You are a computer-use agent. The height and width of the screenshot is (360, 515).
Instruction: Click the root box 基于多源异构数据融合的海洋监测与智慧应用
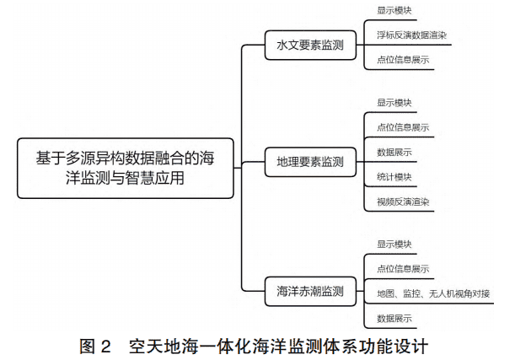[x=126, y=168]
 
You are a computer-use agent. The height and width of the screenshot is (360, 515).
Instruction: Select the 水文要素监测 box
[x=310, y=45]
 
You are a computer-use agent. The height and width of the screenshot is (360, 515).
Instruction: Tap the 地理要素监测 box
[x=310, y=162]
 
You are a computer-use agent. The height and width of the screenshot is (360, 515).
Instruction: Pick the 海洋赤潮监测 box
[x=310, y=292]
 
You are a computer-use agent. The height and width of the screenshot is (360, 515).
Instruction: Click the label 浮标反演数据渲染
[x=411, y=35]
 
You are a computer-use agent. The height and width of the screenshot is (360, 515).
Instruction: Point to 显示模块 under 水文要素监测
[x=394, y=10]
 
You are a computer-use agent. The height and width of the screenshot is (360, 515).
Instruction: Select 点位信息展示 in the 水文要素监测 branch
[x=403, y=60]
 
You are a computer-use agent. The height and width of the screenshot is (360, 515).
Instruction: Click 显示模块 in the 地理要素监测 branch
[x=394, y=103]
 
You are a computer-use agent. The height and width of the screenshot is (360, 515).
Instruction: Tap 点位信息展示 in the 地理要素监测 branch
[x=403, y=127]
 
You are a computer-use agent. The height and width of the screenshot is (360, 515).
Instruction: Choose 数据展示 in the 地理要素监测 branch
[x=394, y=153]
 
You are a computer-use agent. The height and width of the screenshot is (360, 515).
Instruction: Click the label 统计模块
[x=394, y=177]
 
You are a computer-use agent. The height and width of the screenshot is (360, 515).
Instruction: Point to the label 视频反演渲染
[x=403, y=201]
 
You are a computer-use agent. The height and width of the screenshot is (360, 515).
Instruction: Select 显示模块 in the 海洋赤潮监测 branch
[x=394, y=244]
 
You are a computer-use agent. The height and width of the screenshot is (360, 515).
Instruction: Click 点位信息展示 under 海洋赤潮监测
[x=403, y=269]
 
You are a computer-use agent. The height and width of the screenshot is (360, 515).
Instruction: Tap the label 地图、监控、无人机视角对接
[x=433, y=293]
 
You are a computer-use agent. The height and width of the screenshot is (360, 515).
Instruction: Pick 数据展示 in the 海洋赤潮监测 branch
[x=394, y=319]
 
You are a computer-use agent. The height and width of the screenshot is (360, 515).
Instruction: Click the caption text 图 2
[x=95, y=347]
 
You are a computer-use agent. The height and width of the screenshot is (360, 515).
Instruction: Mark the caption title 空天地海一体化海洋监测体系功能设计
[x=278, y=347]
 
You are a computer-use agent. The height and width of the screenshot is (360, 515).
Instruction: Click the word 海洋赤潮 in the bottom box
[x=299, y=292]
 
